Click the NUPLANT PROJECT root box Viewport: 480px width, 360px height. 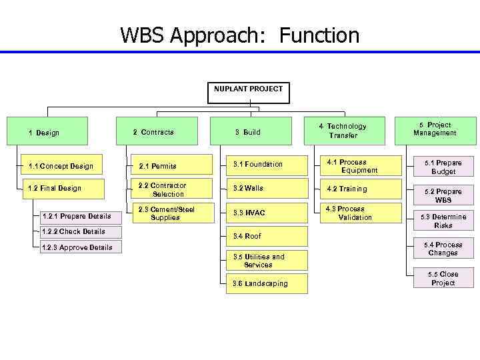(x=249, y=93)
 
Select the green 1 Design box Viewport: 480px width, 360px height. (x=47, y=132)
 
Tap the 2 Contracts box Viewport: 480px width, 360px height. (x=157, y=131)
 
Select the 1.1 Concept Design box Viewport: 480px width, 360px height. (x=61, y=166)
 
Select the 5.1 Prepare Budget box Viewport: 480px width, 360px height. (x=443, y=167)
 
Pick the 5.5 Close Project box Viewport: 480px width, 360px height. (x=443, y=278)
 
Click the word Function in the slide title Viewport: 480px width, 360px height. (x=319, y=35)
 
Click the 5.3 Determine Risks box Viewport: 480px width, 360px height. (x=443, y=221)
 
